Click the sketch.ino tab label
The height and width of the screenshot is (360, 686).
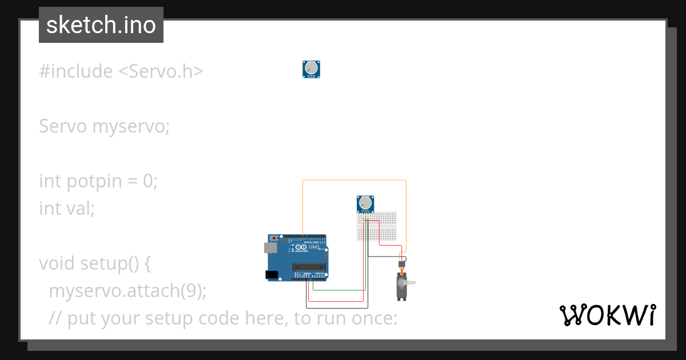(101, 25)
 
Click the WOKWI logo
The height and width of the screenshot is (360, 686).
(607, 315)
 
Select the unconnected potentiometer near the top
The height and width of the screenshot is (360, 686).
(311, 69)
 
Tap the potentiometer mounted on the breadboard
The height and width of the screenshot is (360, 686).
(365, 204)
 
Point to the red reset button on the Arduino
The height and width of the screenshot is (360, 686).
(274, 238)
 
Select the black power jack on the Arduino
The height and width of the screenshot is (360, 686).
(272, 275)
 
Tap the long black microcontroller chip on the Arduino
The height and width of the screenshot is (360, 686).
(309, 266)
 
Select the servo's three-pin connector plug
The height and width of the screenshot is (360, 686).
(402, 263)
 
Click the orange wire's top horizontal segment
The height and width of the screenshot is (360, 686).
(354, 181)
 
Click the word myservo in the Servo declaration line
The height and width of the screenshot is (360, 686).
(131, 126)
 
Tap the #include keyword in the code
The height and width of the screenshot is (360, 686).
(75, 71)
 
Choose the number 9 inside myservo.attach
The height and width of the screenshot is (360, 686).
(190, 291)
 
